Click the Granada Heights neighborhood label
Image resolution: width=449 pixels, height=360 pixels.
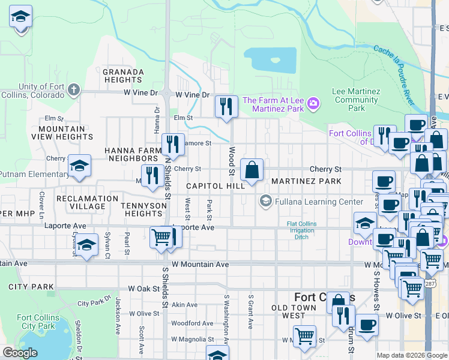pos(124,76)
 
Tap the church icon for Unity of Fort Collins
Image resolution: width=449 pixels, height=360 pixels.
pos(74,91)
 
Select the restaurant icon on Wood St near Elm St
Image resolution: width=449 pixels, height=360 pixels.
pos(226,107)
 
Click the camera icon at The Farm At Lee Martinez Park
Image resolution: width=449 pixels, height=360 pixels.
pos(313,105)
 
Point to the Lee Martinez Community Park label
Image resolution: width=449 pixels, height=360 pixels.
pos(357,100)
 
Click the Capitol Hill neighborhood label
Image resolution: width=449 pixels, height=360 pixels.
pos(215,186)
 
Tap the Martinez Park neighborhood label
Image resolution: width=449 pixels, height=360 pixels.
pos(306,181)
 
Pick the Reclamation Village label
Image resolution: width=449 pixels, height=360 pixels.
pos(87,202)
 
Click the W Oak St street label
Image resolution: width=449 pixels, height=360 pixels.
pos(141,289)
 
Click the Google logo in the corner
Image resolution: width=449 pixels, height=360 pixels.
pos(20,353)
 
